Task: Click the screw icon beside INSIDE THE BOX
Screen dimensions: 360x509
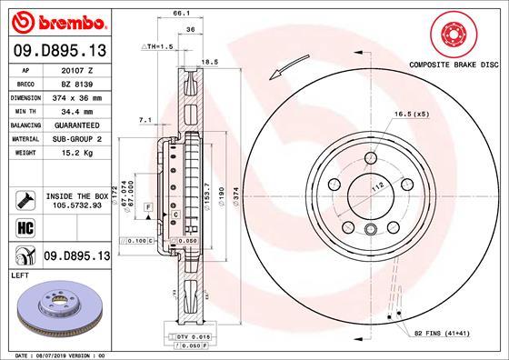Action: (25, 200)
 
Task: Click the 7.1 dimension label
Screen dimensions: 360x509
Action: (144, 119)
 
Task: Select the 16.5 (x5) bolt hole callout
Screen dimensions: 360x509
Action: (410, 115)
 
